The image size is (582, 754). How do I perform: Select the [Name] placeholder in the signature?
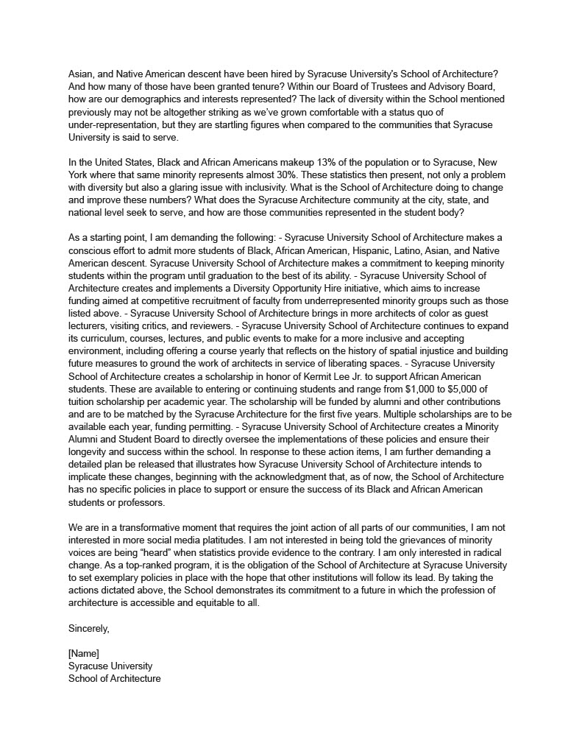83,654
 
